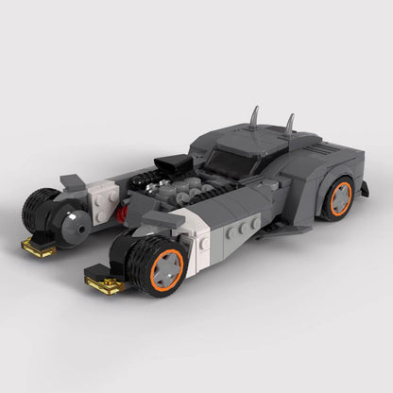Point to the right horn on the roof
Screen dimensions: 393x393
[x=290, y=123]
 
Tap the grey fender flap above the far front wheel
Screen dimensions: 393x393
[x=73, y=180]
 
